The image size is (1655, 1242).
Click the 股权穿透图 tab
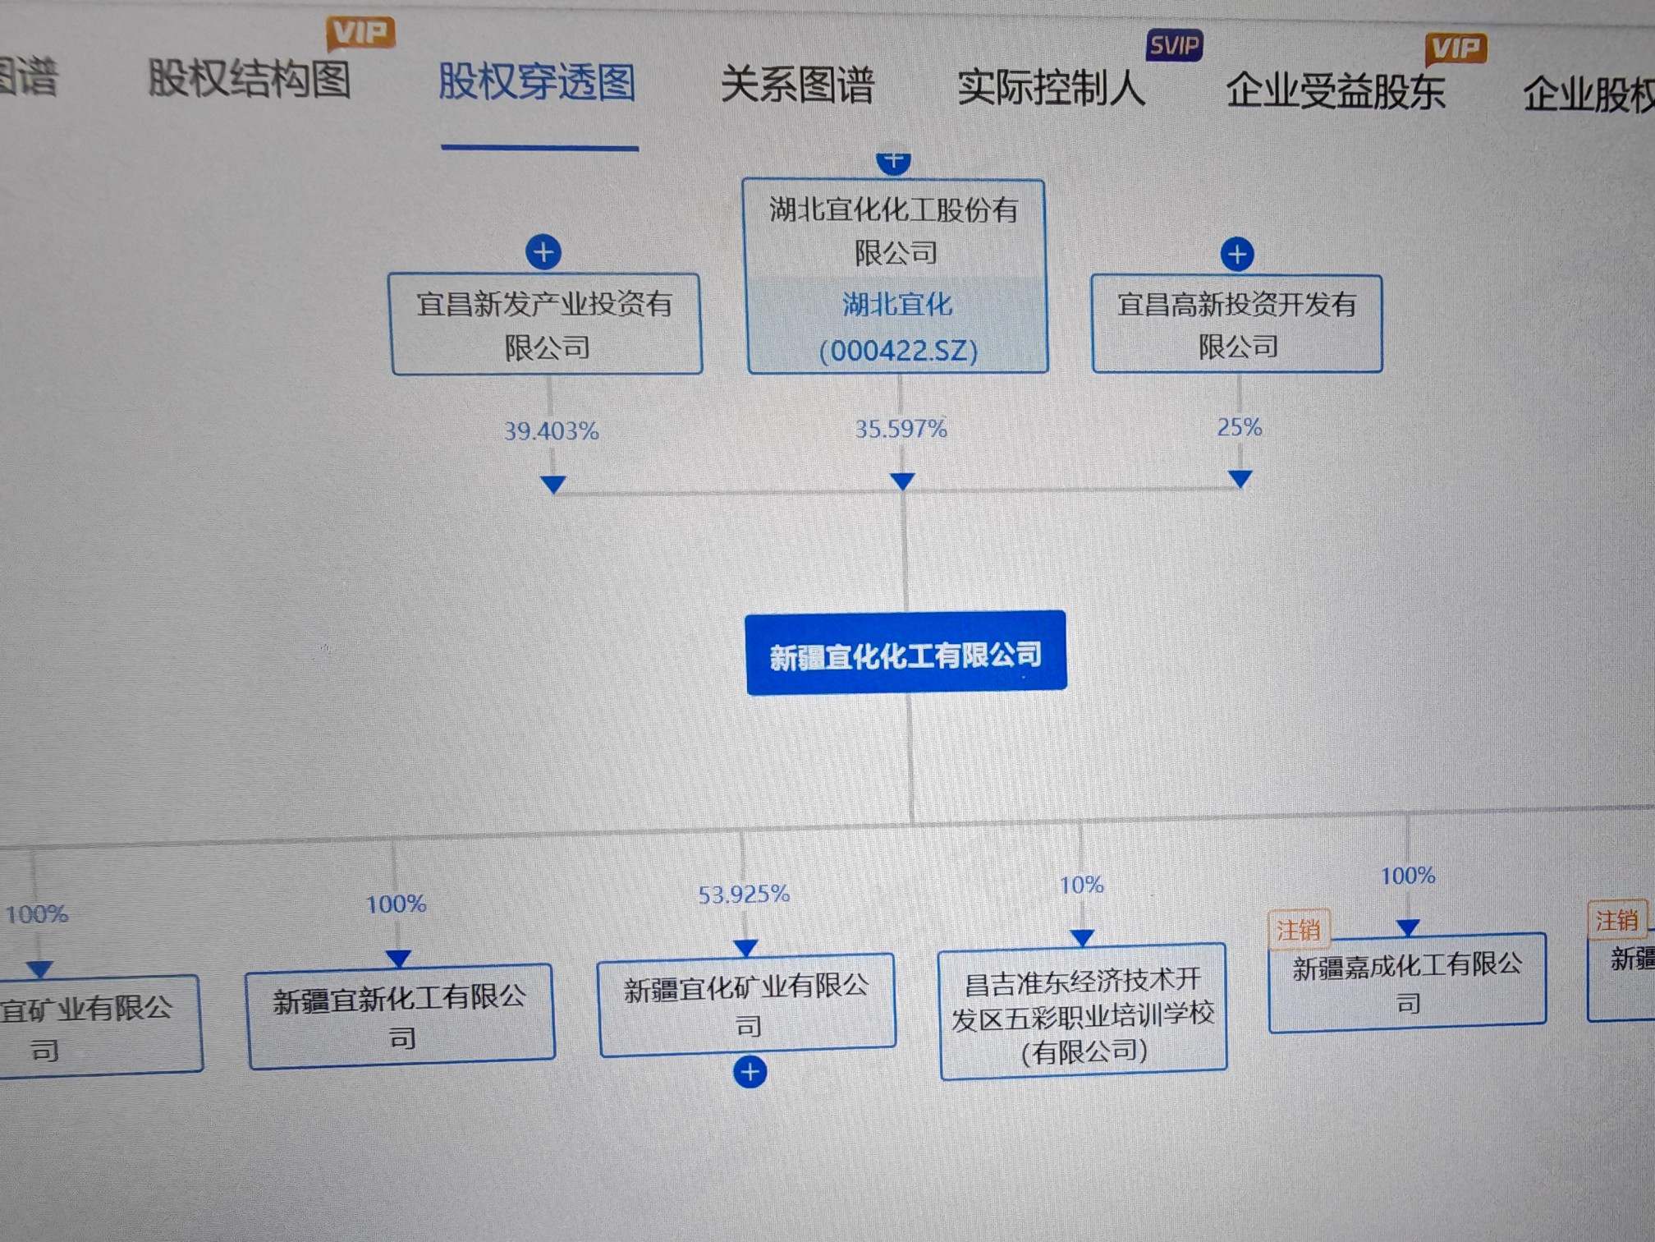(x=537, y=82)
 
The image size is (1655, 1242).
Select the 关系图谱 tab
(x=796, y=85)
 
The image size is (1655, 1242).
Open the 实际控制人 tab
(x=1051, y=88)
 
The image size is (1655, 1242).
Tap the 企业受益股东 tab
(x=1335, y=91)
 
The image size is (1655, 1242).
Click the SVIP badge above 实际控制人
(x=1174, y=46)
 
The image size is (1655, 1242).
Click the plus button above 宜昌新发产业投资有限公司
(x=543, y=252)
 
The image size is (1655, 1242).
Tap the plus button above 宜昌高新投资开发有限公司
(x=1237, y=254)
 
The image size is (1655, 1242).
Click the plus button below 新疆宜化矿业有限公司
(x=750, y=1072)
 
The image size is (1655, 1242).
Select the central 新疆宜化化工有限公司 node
(x=905, y=654)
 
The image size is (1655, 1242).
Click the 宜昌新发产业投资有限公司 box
(x=547, y=325)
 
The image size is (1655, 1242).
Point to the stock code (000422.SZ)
(x=898, y=352)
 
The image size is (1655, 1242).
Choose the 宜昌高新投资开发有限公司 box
(x=1236, y=324)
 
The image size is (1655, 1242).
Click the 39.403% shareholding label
(x=551, y=431)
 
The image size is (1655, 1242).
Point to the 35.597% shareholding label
(x=901, y=429)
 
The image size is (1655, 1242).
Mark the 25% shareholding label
(x=1239, y=427)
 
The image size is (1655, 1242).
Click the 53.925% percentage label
(x=744, y=895)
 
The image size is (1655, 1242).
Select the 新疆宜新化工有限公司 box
(x=401, y=1016)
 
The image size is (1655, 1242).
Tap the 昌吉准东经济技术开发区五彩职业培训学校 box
(x=1083, y=1013)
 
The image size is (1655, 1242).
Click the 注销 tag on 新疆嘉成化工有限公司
(x=1297, y=931)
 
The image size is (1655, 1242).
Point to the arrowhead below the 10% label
(x=1082, y=937)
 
